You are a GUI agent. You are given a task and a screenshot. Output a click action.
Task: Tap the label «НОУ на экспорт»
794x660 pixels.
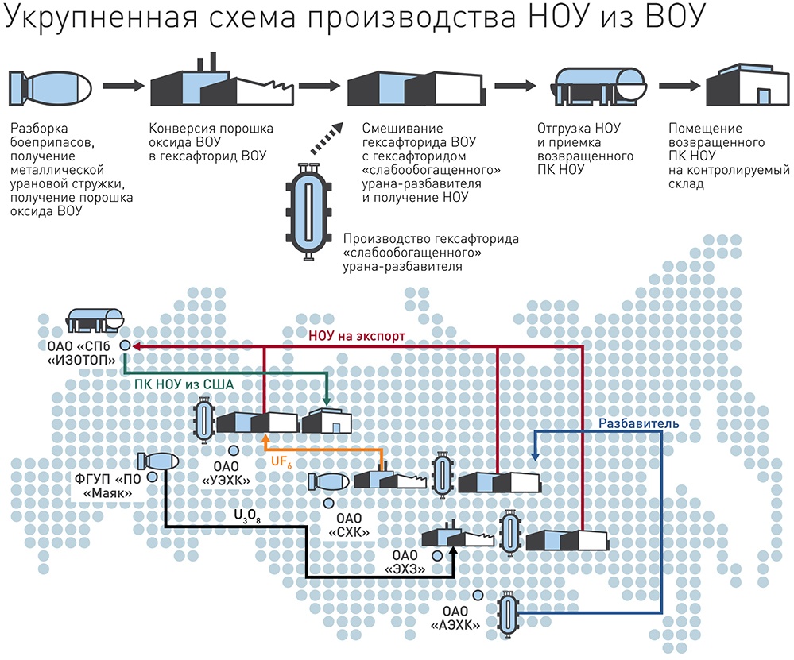click(x=357, y=336)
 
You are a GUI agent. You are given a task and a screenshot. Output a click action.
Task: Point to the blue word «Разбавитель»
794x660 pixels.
click(x=638, y=423)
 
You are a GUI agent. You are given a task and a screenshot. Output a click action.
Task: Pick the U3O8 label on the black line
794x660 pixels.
click(x=246, y=515)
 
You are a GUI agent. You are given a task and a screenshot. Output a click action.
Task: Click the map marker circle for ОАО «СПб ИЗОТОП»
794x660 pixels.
click(x=125, y=346)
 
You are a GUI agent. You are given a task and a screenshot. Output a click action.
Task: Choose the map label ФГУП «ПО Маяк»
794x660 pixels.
click(x=109, y=485)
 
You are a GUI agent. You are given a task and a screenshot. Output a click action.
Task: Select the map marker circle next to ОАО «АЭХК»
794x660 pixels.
click(x=478, y=596)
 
